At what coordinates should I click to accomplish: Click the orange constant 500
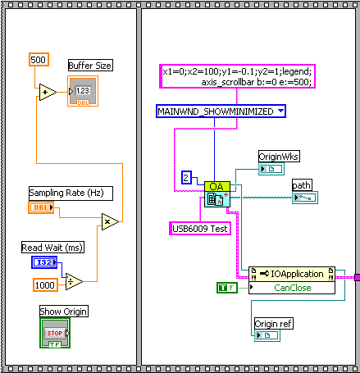(x=39, y=60)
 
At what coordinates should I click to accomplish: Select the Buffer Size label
(x=90, y=66)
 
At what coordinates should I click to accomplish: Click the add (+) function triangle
(x=48, y=92)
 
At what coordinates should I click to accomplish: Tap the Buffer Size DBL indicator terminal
(x=83, y=91)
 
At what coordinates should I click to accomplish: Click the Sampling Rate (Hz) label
(x=71, y=193)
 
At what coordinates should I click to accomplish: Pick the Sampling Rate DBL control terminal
(x=41, y=207)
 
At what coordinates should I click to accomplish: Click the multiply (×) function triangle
(x=110, y=221)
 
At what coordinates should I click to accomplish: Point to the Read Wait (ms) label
(x=52, y=248)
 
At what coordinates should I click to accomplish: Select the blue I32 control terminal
(x=44, y=262)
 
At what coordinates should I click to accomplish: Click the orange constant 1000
(x=45, y=285)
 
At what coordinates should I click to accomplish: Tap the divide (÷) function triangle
(x=74, y=281)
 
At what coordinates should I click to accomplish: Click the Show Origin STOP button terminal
(x=55, y=333)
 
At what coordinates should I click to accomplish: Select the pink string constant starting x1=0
(x=237, y=76)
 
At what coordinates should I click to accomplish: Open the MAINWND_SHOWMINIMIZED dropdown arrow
(x=280, y=111)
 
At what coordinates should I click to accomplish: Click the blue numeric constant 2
(x=186, y=177)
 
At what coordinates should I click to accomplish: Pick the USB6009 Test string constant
(x=200, y=228)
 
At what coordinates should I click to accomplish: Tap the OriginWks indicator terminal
(x=271, y=169)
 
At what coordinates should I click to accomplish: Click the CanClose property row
(x=292, y=288)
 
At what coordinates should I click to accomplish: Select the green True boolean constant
(x=227, y=288)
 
